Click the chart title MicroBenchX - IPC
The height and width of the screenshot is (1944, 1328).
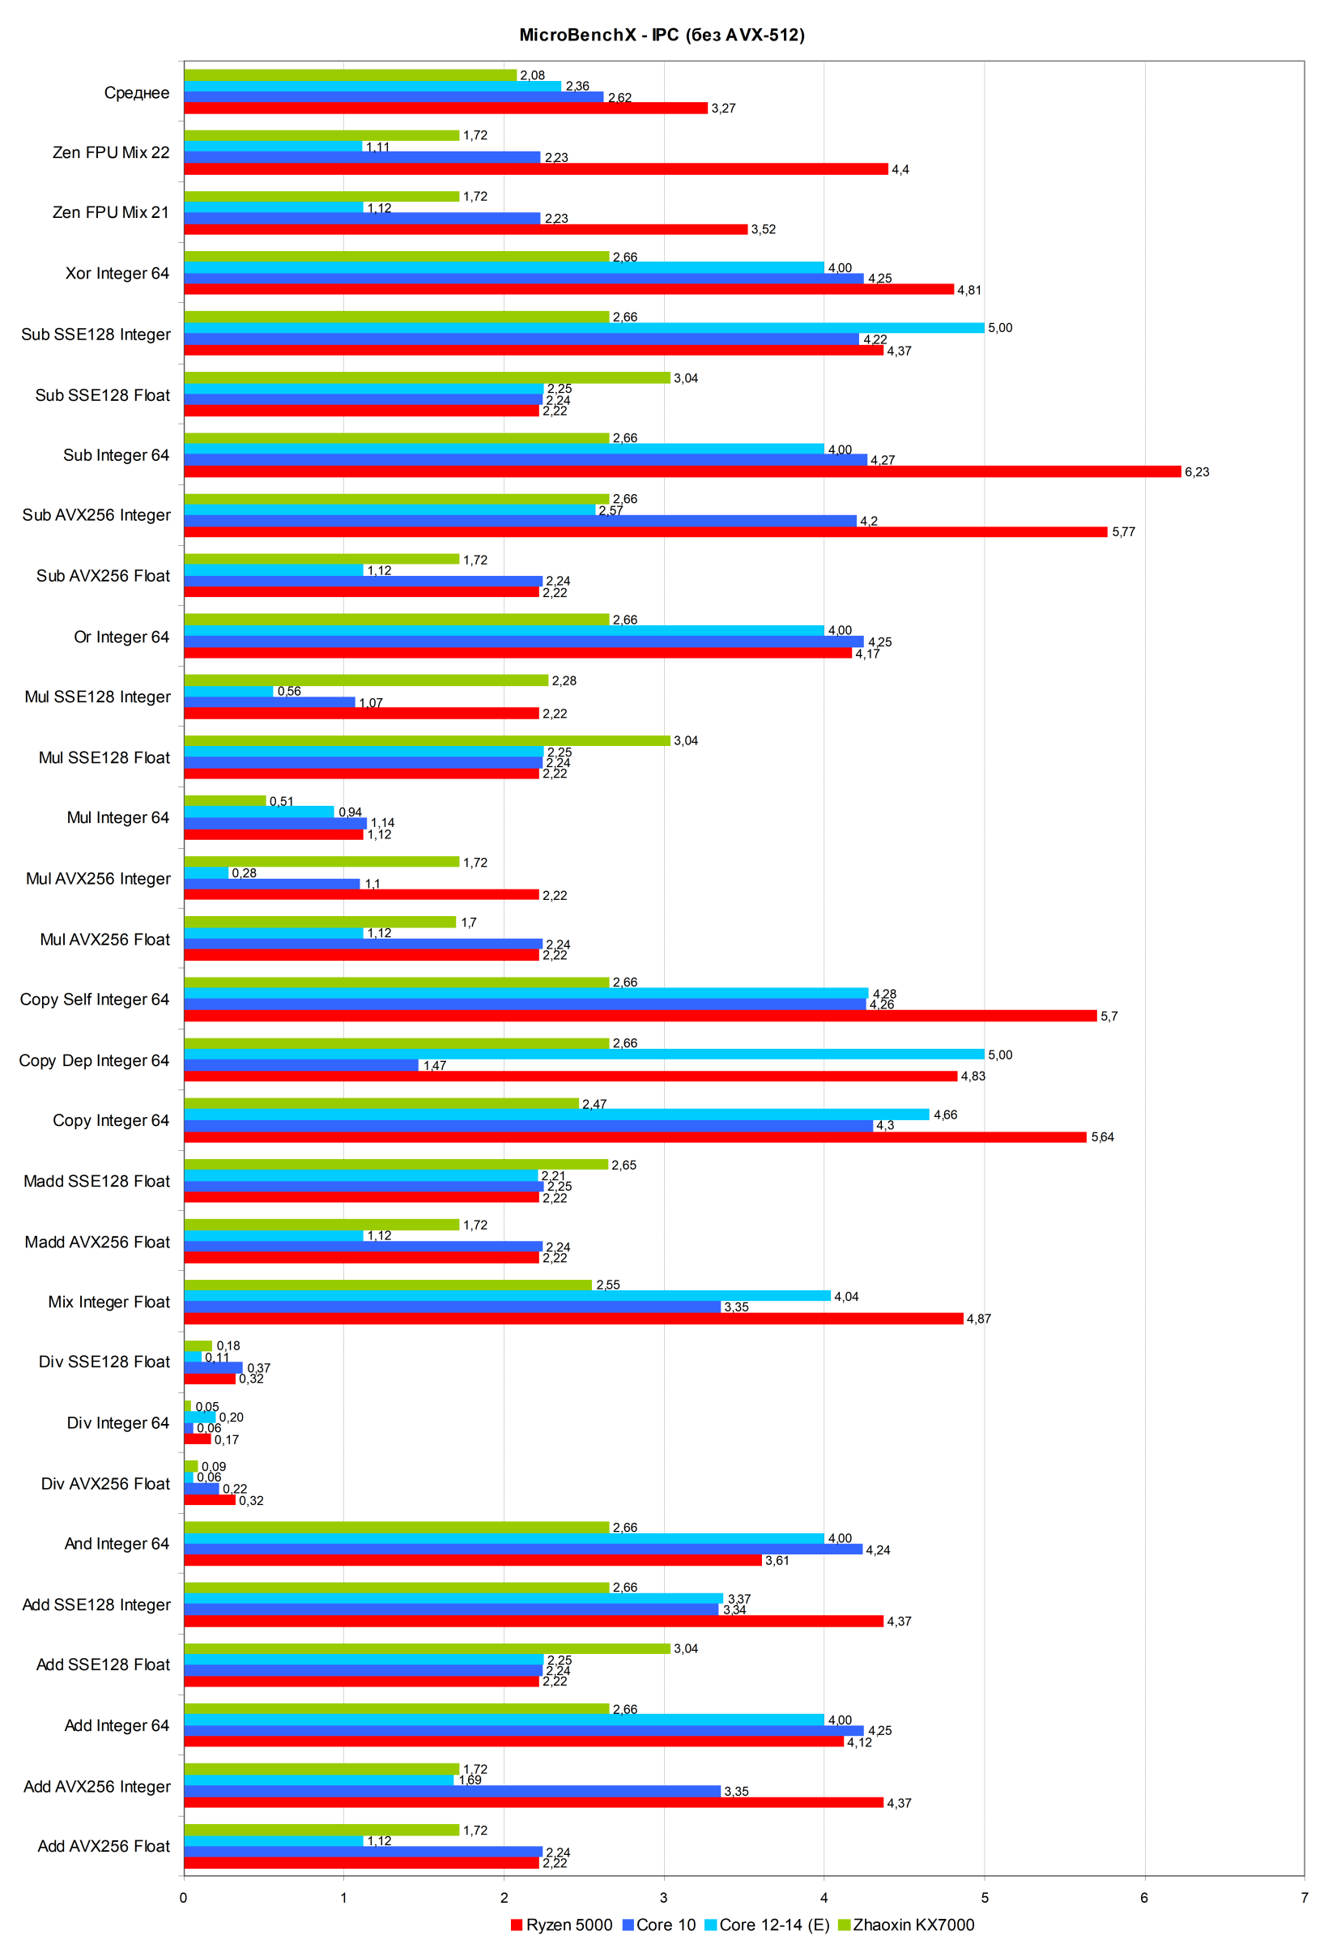[x=662, y=35]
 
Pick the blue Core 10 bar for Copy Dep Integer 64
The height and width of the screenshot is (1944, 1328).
[x=301, y=1065]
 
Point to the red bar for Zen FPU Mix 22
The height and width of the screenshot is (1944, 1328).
[x=535, y=169]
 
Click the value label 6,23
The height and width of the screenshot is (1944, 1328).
[x=1196, y=471]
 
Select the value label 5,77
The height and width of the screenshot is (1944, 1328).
[x=1123, y=532]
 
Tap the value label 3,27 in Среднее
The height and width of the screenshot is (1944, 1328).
[x=723, y=109]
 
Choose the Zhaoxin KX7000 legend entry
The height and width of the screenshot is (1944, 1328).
[x=913, y=1925]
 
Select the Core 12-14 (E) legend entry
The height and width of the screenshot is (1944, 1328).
[x=773, y=1925]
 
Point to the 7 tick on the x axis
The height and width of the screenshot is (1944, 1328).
[x=1304, y=1897]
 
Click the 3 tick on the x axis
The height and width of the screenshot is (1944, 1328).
[x=664, y=1897]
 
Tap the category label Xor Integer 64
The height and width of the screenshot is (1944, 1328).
[x=117, y=274]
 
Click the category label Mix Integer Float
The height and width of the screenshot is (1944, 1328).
[x=109, y=1302]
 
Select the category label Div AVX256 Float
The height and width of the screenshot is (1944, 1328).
[x=105, y=1483]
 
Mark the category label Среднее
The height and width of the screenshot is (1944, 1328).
[x=136, y=93]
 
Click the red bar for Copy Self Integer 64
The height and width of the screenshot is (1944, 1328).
[x=640, y=1016]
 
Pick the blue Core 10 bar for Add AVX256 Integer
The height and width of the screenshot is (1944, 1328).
[x=452, y=1791]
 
